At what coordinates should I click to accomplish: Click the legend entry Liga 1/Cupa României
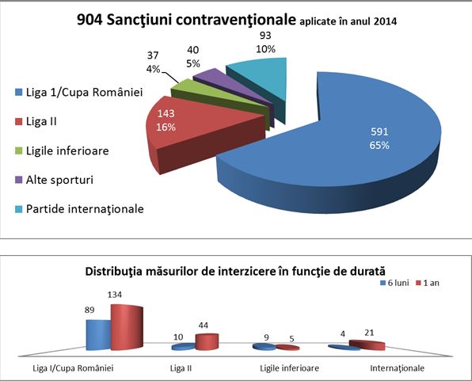pos(79,92)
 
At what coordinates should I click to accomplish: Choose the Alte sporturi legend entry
pos(54,180)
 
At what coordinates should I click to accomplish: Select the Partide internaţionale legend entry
pos(79,209)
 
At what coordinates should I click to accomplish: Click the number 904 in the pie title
pos(89,21)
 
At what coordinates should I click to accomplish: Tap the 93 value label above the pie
pos(265,36)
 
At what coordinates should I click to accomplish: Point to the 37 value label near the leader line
pos(153,55)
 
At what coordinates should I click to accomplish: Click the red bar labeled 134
pos(127,327)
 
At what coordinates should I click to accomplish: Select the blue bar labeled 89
pos(98,335)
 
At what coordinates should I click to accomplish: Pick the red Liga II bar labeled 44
pos(207,342)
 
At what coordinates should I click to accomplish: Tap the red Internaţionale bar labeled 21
pos(367,345)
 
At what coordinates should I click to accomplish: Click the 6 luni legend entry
pos(394,283)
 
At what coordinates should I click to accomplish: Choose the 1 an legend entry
pos(428,283)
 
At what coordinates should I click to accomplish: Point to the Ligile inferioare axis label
pos(289,368)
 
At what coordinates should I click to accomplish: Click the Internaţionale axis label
pos(397,368)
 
